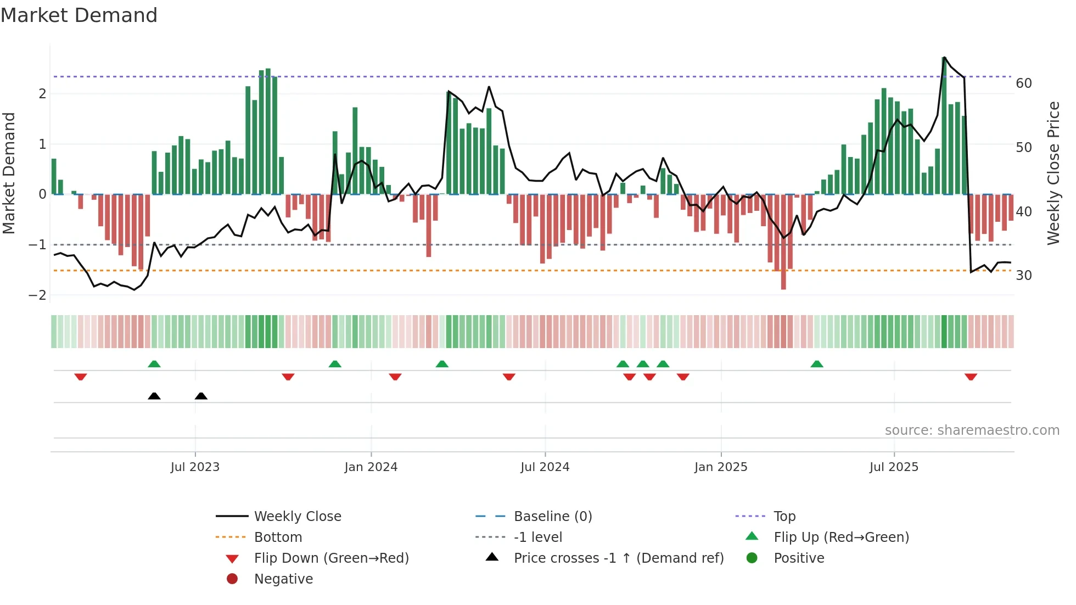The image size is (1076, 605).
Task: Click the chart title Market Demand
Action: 79,15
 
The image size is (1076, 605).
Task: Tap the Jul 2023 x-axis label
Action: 195,467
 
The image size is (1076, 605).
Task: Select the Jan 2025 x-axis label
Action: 720,467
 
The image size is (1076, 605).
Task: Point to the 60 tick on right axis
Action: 1023,83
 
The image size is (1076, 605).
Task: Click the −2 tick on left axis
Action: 38,295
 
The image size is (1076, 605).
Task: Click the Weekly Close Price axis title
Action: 1053,173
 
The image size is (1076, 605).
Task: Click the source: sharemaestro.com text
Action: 972,430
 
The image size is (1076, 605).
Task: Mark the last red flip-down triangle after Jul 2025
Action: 971,377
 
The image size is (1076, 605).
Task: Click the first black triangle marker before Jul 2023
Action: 154,396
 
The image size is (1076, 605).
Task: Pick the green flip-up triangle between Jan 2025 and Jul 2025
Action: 817,364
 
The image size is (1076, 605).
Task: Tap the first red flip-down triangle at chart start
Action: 81,377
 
